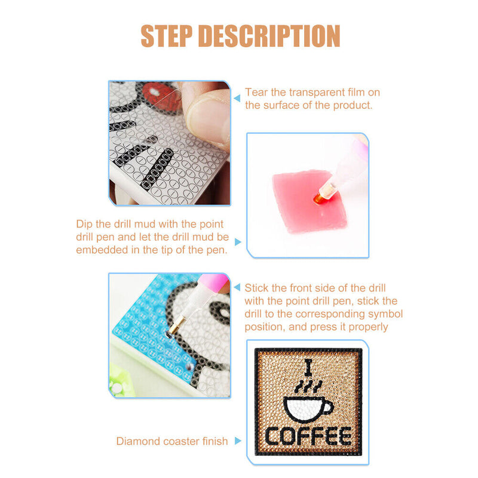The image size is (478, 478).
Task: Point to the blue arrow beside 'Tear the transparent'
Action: [x=237, y=94]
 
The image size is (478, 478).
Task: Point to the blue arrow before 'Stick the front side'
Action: [x=237, y=288]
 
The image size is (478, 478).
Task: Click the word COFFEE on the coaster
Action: [x=308, y=436]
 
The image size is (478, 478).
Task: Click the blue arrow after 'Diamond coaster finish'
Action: [x=238, y=441]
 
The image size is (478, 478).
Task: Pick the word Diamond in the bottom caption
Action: [x=137, y=442]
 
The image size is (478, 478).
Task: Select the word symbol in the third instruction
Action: [x=387, y=314]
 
